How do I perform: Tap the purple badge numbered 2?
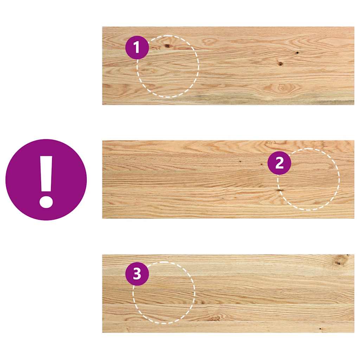[279, 163]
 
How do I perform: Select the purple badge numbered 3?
[137, 274]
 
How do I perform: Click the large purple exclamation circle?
[46, 180]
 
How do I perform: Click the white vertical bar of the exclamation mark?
[46, 174]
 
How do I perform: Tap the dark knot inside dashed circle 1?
[167, 46]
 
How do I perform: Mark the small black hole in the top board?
[297, 53]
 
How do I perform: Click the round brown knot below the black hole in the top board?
[281, 64]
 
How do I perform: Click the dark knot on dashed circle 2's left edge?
[280, 190]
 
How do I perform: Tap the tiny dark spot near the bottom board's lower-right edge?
[320, 329]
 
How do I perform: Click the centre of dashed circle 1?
[168, 66]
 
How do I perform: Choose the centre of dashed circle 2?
[309, 179]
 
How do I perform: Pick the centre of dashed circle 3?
[164, 292]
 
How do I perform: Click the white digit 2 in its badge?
[279, 163]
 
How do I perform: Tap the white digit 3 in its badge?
[137, 274]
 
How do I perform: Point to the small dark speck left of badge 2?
[240, 161]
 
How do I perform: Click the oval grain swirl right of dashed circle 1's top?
[210, 41]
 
